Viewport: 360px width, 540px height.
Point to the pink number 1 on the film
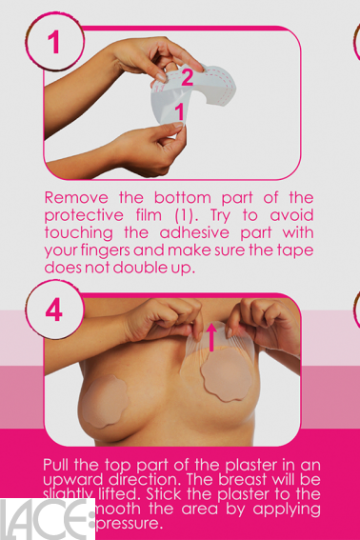(178, 111)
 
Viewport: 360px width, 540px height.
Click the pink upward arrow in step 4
(212, 339)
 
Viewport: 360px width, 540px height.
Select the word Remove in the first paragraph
(73, 197)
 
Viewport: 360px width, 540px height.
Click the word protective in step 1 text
(83, 214)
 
